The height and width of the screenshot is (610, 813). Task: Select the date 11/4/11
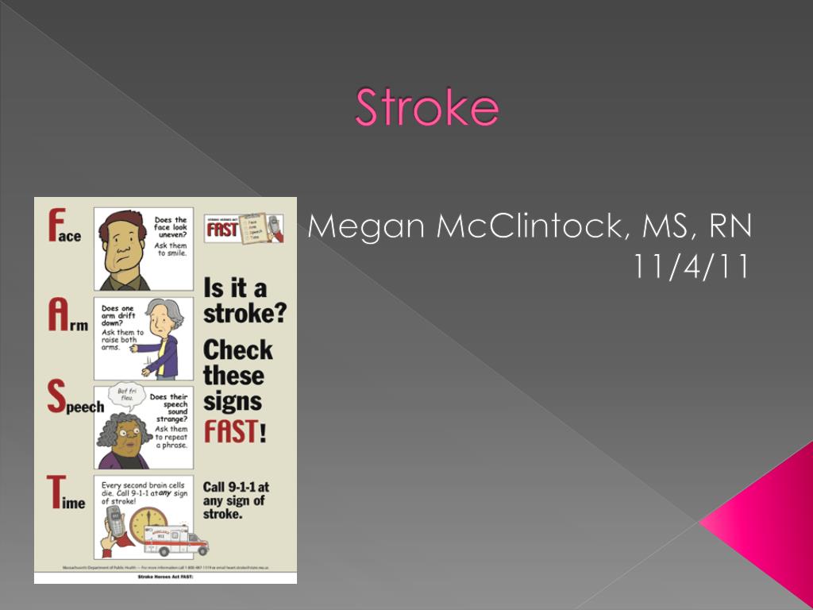[x=692, y=267]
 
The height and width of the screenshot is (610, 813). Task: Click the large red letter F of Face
[x=53, y=225]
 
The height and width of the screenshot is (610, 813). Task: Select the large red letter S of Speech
[x=54, y=398]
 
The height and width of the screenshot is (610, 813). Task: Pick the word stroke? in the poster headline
[x=244, y=312]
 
